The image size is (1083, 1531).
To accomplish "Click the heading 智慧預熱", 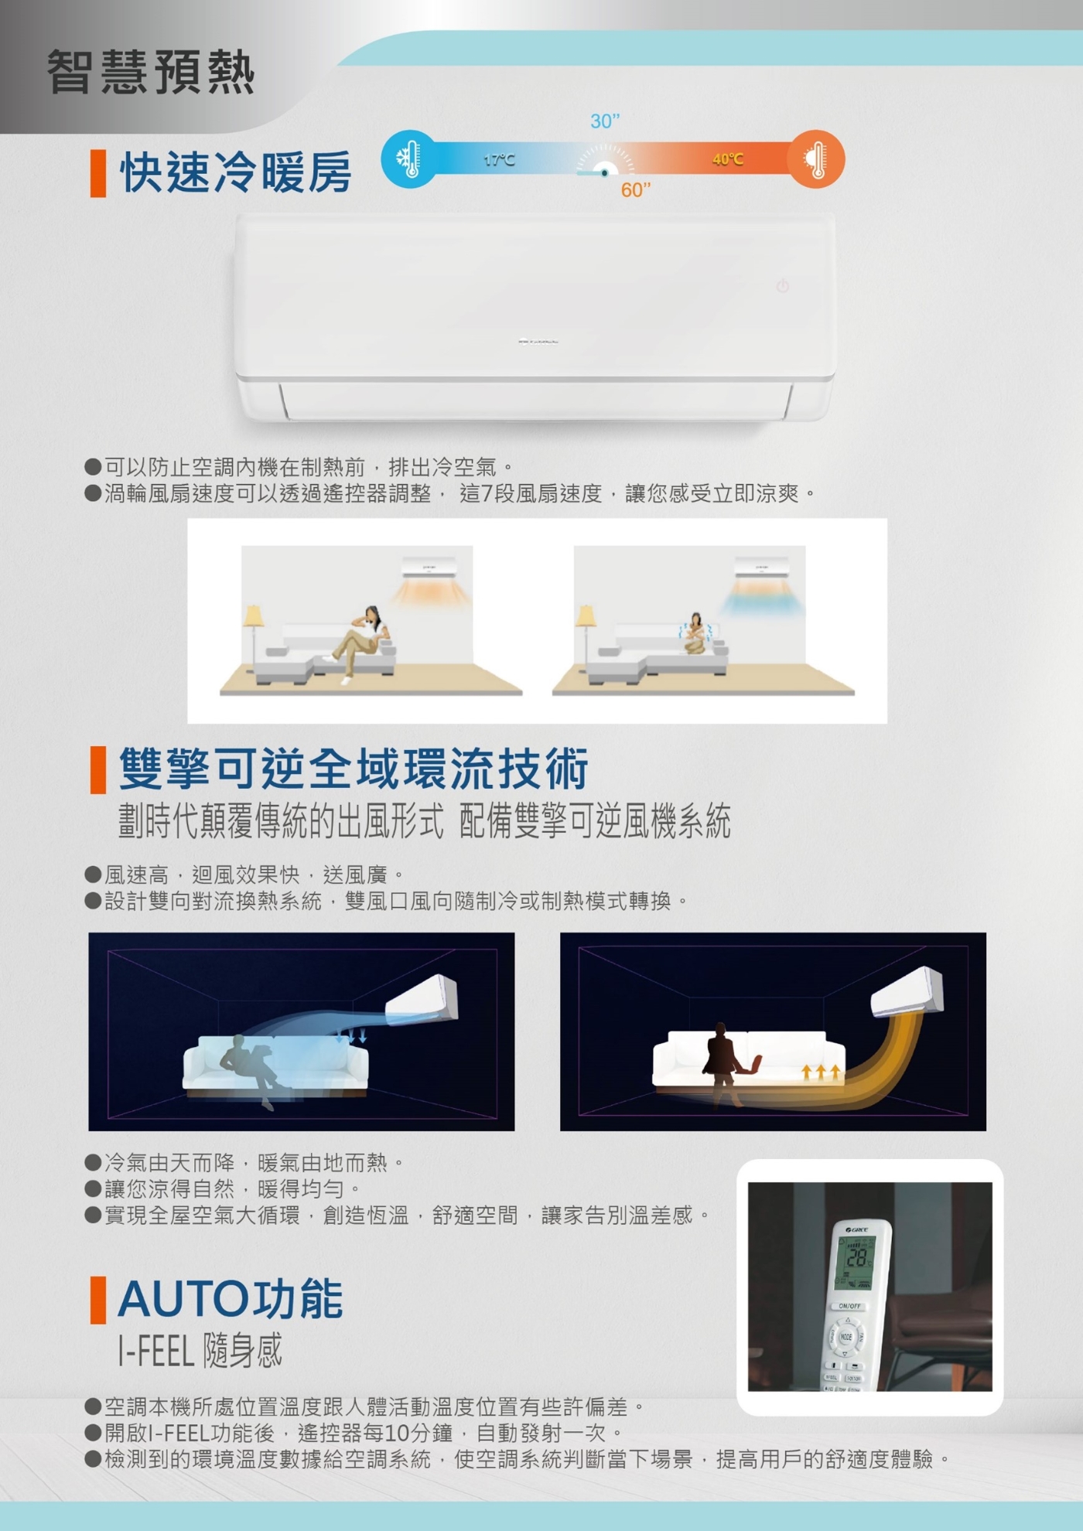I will [x=151, y=72].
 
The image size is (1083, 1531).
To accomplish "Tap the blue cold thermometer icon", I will [x=409, y=159].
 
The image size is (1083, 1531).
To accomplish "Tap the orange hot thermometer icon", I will [x=816, y=159].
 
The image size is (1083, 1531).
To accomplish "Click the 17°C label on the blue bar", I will [x=499, y=160].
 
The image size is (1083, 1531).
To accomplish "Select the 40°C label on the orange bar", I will [x=728, y=159].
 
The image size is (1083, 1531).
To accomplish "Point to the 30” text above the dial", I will [x=605, y=121].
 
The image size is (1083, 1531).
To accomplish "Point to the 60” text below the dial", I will [x=636, y=190].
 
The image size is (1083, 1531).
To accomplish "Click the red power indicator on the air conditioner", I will [x=783, y=286].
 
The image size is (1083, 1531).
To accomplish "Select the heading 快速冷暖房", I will [x=236, y=172].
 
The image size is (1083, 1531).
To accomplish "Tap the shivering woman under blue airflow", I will [x=695, y=634].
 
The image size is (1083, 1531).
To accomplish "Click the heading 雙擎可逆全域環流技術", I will [x=354, y=769].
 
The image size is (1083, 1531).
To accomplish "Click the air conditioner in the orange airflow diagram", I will [x=907, y=993].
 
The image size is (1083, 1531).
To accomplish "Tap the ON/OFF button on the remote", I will [x=849, y=1306].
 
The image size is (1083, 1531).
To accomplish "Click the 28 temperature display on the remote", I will [x=856, y=1258].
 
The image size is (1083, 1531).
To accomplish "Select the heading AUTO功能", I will [x=231, y=1299].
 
